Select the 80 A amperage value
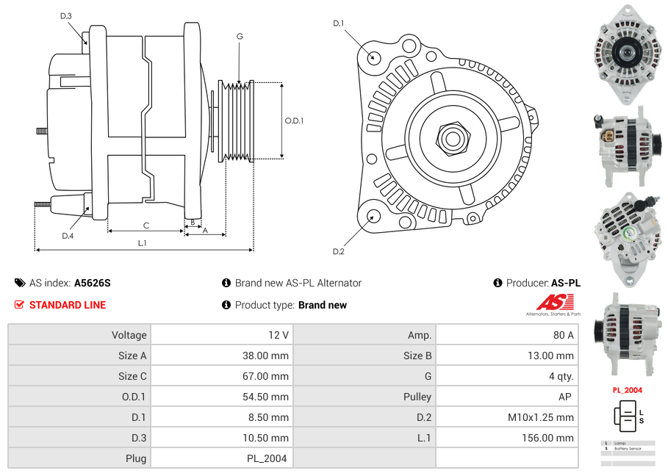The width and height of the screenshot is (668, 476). click(563, 335)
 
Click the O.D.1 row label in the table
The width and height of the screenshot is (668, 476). click(132, 397)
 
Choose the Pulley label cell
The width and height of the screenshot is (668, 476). click(417, 397)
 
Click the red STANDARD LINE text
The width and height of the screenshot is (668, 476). click(68, 305)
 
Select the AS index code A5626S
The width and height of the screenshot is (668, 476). click(93, 283)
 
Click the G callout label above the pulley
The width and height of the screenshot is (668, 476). click(240, 37)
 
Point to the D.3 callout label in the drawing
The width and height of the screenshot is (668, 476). click(66, 16)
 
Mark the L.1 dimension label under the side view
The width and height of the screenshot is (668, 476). click(142, 243)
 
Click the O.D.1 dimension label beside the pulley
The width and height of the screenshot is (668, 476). click(294, 121)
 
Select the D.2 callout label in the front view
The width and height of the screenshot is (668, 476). click(338, 252)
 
